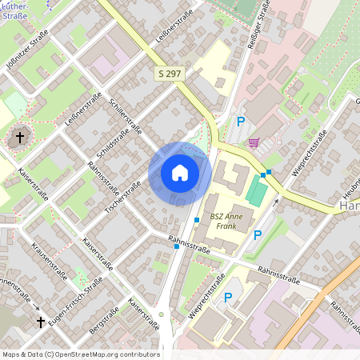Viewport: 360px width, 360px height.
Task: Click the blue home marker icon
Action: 180,173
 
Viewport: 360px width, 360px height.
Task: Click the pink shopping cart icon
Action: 254,142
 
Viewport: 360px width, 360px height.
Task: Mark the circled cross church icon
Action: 20,138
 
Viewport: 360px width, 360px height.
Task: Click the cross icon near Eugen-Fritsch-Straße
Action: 41,322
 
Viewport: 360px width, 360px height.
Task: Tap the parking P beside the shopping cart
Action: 240,122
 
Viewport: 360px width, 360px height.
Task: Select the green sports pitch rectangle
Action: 257,191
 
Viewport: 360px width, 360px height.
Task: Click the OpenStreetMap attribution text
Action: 80,354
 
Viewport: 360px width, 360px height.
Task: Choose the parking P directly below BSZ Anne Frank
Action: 257,235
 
